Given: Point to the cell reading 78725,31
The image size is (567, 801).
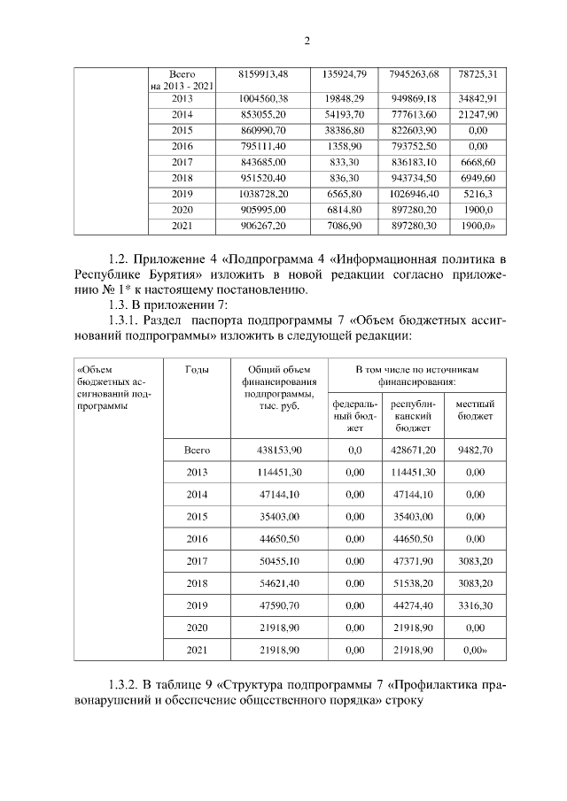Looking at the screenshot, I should pyautogui.click(x=478, y=73).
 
